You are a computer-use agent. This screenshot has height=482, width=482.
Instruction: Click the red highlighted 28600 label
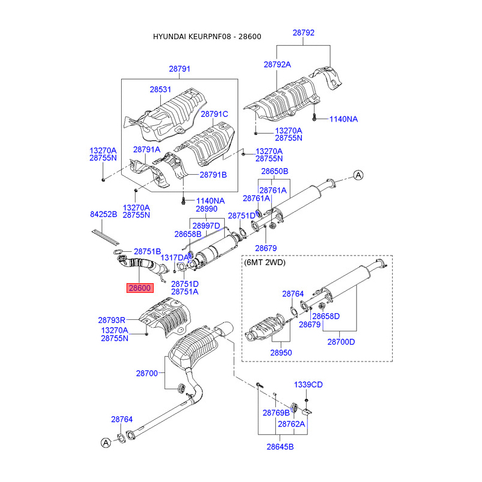pos(140,288)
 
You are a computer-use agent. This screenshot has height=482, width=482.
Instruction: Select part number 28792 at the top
pos(304,33)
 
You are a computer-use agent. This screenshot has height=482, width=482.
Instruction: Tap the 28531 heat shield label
pos(160,89)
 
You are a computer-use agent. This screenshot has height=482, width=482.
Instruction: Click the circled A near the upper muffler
pos(358,175)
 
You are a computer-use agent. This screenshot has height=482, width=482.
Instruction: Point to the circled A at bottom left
pos(106,443)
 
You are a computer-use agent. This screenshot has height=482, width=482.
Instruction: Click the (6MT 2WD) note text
pos(264,263)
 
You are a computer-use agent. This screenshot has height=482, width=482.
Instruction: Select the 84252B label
pos(104,214)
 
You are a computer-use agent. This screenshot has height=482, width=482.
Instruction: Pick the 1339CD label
pos(308,385)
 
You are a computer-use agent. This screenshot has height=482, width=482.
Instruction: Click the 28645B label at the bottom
pos(280,446)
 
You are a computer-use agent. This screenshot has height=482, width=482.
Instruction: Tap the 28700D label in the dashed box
pos(341,342)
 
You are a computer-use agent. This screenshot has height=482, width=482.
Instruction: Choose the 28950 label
pos(281,352)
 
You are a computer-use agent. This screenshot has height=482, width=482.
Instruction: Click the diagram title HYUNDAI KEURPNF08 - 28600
pos(207,37)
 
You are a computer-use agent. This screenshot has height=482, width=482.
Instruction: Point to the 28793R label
pos(111,321)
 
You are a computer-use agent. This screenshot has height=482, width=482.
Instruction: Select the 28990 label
pos(207,209)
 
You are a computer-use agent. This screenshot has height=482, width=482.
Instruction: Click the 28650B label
pos(275,171)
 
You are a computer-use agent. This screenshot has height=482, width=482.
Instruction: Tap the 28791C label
pos(214,114)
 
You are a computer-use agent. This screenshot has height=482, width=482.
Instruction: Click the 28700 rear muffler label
pos(146,374)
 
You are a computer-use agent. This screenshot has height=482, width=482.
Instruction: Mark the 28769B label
pos(276,413)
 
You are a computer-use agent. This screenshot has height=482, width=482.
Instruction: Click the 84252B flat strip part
pos(105,237)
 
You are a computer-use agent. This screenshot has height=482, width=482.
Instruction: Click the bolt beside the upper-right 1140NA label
pos(314,117)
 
